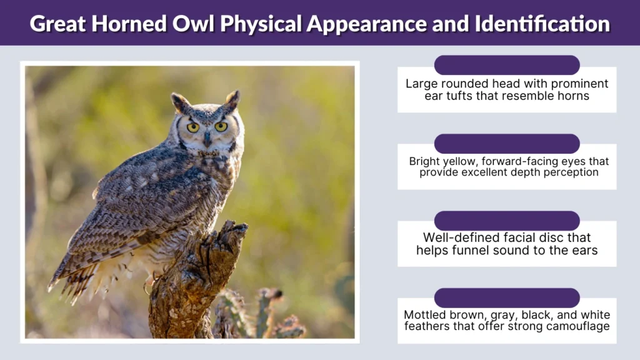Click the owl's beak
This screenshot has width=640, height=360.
[x=207, y=137]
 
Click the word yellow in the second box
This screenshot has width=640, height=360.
[x=462, y=161]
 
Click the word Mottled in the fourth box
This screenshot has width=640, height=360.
[x=425, y=315]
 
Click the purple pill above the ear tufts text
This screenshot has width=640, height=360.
[x=507, y=65]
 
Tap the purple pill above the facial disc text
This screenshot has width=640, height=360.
[x=507, y=221]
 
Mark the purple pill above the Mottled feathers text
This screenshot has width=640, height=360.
[x=507, y=297]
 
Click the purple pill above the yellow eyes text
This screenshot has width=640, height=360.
[x=507, y=144]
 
